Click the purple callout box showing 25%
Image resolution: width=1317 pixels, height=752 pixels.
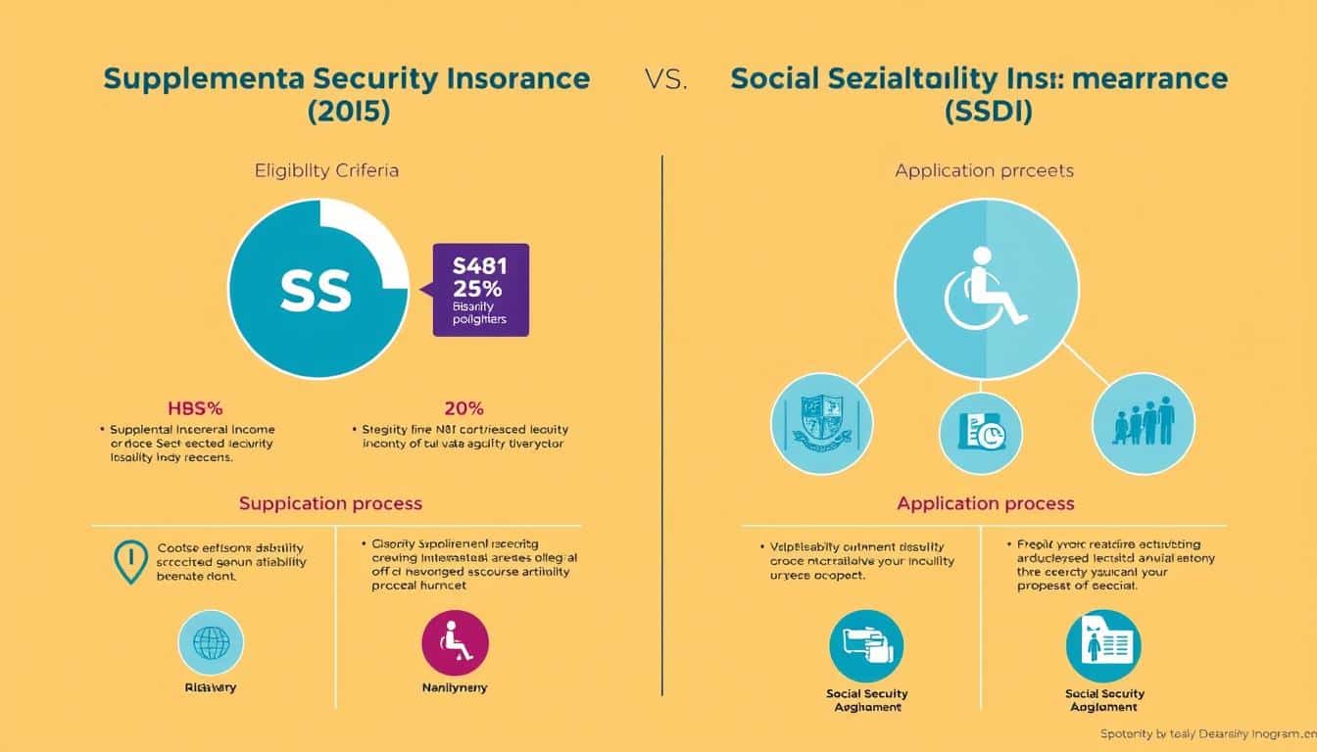coord(480,290)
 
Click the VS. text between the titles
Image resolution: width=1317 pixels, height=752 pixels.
coord(666,80)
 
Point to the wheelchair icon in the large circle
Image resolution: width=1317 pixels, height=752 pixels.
coord(985,287)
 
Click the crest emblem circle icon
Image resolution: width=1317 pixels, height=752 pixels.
coord(821,423)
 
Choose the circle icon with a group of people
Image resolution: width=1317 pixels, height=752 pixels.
coord(1143,423)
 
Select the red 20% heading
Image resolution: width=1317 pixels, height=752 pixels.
coord(463,408)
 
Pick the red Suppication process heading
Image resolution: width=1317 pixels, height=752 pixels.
coord(330,503)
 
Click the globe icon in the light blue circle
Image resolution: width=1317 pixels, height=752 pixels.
coord(211,643)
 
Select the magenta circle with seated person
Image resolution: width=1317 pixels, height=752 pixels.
coord(455,643)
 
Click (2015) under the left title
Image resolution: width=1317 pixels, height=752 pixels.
coord(348,112)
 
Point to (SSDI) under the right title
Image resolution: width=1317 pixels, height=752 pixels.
coord(989,112)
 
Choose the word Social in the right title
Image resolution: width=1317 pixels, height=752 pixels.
coord(778,79)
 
